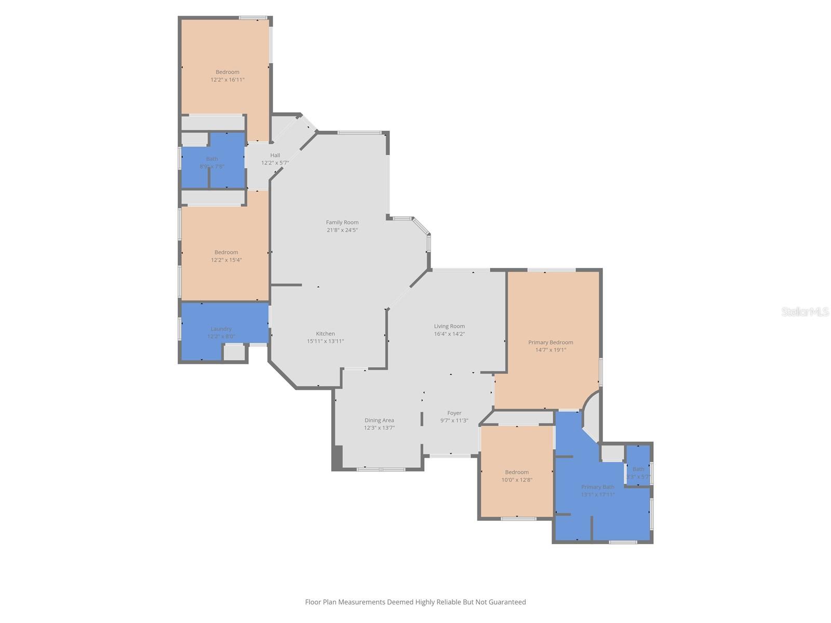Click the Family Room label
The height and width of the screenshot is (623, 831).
342,222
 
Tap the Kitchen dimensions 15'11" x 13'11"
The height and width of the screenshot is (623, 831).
325,341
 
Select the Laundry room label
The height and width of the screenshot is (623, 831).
221,329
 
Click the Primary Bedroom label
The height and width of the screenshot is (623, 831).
551,342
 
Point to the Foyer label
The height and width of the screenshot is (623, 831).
454,413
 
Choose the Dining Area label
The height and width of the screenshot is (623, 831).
379,420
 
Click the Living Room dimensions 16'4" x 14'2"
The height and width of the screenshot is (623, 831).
449,334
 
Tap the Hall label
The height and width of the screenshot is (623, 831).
275,155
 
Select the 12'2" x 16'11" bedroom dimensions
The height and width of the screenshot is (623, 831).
227,80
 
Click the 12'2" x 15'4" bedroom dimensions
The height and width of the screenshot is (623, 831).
226,260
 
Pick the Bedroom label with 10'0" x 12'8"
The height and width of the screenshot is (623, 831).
517,472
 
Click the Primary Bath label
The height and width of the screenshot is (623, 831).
597,487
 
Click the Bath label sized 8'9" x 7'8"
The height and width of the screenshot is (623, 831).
212,159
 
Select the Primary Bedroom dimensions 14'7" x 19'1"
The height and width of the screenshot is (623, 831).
551,350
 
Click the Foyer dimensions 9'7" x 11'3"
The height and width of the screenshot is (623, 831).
454,421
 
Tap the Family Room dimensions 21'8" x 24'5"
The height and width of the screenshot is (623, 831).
342,230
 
